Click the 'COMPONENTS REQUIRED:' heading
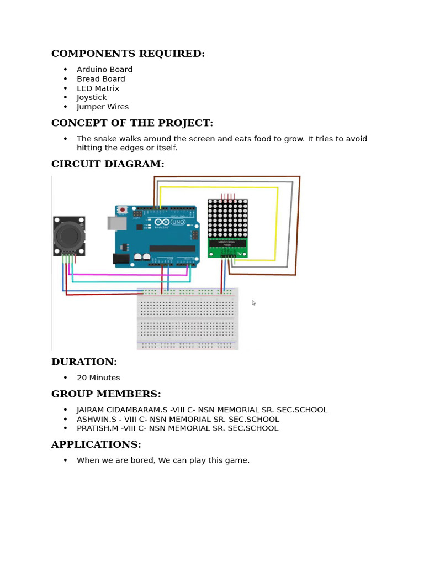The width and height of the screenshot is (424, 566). (128, 54)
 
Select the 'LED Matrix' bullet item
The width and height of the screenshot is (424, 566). (98, 88)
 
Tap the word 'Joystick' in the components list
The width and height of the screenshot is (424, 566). (92, 98)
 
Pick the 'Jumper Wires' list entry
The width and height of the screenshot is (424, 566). (103, 107)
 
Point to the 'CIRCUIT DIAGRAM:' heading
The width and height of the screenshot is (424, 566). (108, 164)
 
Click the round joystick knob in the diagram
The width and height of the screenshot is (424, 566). (68, 236)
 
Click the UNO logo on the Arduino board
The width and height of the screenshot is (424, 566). (178, 222)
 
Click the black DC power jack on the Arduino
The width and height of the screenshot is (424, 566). (121, 258)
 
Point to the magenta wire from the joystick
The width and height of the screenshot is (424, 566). (127, 274)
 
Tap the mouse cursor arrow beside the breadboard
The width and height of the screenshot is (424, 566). (253, 303)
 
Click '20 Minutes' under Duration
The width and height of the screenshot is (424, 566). (98, 378)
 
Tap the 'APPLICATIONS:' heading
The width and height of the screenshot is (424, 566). (96, 444)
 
